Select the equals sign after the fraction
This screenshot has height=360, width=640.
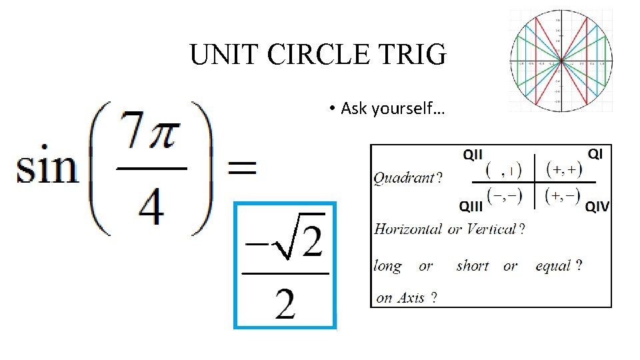[x=241, y=168]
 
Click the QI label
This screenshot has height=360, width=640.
[x=595, y=154]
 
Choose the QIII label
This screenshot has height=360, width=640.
[x=472, y=206]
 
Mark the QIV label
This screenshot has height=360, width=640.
[x=597, y=207]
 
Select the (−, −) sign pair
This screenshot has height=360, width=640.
[x=504, y=196]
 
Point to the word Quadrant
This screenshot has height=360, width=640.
[x=404, y=178]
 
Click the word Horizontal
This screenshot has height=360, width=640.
[x=408, y=229]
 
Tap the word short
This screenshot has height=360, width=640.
[x=473, y=266]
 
